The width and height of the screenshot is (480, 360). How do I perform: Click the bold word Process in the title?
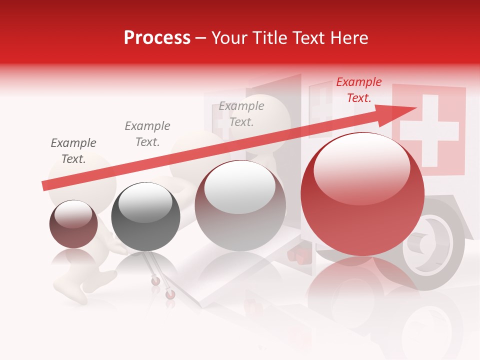pos(157,38)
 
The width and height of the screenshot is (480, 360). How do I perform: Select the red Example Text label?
pos(358,90)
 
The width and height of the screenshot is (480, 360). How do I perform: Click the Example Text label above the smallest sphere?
pos(73,151)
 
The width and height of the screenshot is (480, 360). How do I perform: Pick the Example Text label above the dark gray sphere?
pos(147,134)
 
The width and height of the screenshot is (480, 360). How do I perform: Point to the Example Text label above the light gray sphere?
pos(241,114)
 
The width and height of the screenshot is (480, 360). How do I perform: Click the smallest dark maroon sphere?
pos(73,224)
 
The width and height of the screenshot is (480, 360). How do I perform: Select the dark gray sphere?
pos(145,217)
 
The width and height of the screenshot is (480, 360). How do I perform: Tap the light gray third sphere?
pos(240,205)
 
